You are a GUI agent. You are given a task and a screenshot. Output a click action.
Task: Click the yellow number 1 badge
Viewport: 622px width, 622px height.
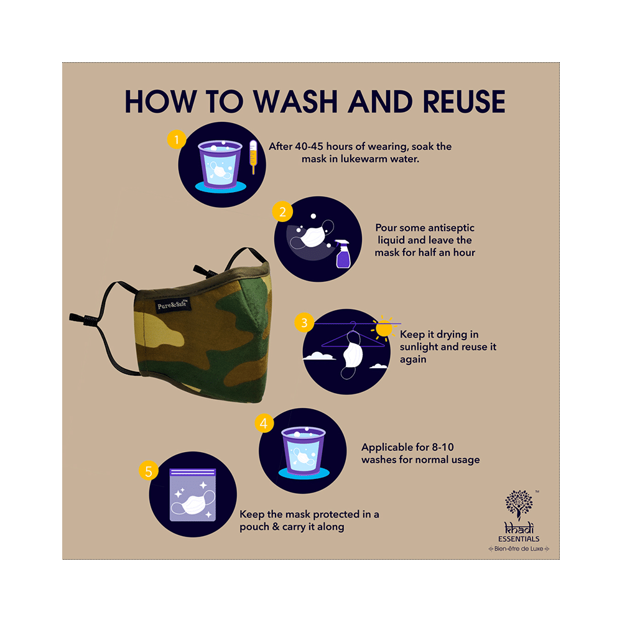(177, 139)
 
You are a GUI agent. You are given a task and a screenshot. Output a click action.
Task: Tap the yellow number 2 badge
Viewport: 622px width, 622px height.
(282, 211)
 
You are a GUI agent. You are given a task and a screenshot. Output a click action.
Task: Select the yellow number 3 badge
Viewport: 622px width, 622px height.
(304, 322)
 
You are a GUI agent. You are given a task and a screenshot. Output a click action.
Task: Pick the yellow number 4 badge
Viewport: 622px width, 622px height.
(264, 423)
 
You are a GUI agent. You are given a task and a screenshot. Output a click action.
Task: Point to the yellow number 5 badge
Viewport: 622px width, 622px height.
(149, 470)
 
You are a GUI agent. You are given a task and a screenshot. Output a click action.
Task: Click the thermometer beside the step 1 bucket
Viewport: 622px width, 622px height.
(253, 157)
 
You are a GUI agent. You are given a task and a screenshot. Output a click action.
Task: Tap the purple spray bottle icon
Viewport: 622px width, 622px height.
(343, 254)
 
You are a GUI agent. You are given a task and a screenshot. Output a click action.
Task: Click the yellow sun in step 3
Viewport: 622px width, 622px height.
(384, 328)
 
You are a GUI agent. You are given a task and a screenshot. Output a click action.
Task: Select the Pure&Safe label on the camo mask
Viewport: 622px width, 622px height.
(173, 305)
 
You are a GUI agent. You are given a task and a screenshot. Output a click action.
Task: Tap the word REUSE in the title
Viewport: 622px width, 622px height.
(464, 101)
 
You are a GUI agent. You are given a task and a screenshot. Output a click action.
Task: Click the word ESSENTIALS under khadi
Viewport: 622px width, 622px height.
(519, 539)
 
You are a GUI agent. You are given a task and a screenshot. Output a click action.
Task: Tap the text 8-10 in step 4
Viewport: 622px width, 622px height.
(443, 447)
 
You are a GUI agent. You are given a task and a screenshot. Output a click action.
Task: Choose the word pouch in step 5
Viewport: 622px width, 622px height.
(254, 527)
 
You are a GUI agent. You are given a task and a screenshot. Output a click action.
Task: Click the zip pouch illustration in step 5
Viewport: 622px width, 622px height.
(193, 494)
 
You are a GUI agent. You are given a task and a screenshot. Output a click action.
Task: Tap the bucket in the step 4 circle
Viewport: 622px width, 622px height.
(304, 451)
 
